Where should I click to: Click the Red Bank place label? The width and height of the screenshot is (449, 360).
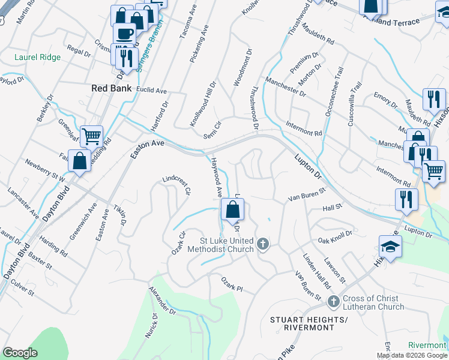click(111, 88)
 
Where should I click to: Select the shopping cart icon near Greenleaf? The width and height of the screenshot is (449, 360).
click(91, 137)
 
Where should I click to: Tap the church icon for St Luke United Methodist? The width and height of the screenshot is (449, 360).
click(262, 244)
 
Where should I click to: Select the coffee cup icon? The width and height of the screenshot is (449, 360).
click(125, 34)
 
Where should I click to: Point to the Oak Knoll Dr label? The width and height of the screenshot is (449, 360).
click(335, 236)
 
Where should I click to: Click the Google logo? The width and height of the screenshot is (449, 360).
click(20, 353)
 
